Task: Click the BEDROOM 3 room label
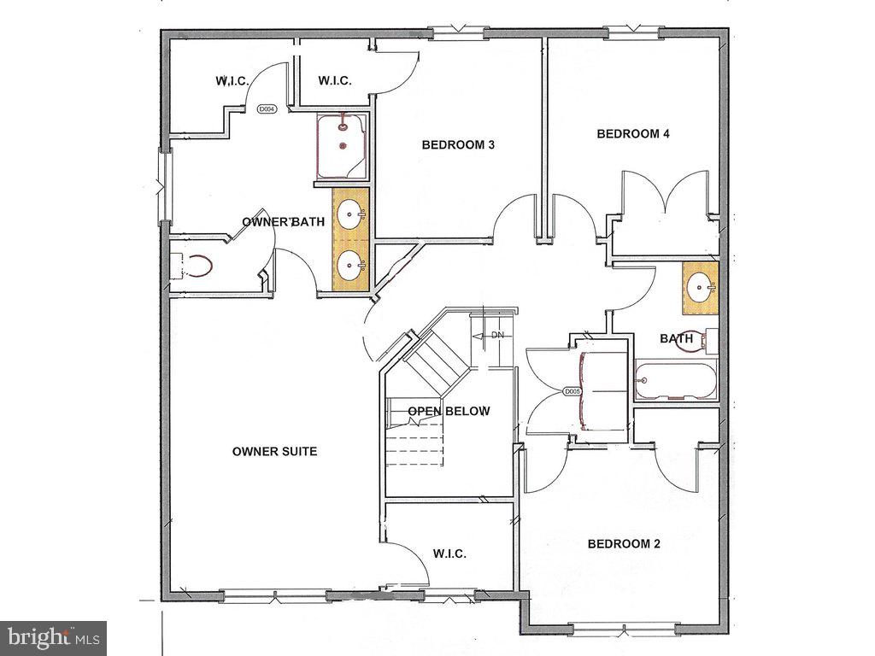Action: pyautogui.click(x=458, y=145)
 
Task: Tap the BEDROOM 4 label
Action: pyautogui.click(x=633, y=133)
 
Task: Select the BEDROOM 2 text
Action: pyautogui.click(x=624, y=544)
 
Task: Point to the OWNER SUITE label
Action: pyautogui.click(x=274, y=451)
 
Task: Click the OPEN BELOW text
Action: pyautogui.click(x=449, y=412)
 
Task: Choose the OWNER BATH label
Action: pyautogui.click(x=283, y=222)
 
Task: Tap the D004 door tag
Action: pyautogui.click(x=267, y=109)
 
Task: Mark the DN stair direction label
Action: pyautogui.click(x=496, y=336)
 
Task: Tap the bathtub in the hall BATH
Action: pyautogui.click(x=675, y=382)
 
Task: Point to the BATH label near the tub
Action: pyautogui.click(x=676, y=339)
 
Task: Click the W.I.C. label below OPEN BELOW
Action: pyautogui.click(x=449, y=554)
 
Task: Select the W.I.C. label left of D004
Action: pyautogui.click(x=232, y=81)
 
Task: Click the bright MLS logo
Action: pyautogui.click(x=53, y=637)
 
